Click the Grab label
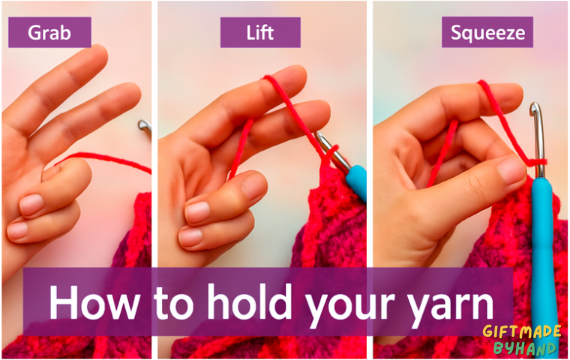(x=49, y=32)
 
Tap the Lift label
(x=260, y=32)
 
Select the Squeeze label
(x=487, y=32)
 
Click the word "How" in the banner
(x=94, y=302)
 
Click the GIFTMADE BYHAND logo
(x=523, y=340)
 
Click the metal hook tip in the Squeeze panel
(x=535, y=109)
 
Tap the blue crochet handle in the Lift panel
(x=356, y=182)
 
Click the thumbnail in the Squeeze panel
(x=511, y=169)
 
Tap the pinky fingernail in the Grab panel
(x=17, y=230)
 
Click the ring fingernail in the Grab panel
(x=31, y=205)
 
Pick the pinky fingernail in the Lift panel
(x=190, y=237)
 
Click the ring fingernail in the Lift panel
(x=197, y=212)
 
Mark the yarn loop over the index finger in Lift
(x=271, y=82)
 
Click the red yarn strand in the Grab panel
(x=103, y=160)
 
